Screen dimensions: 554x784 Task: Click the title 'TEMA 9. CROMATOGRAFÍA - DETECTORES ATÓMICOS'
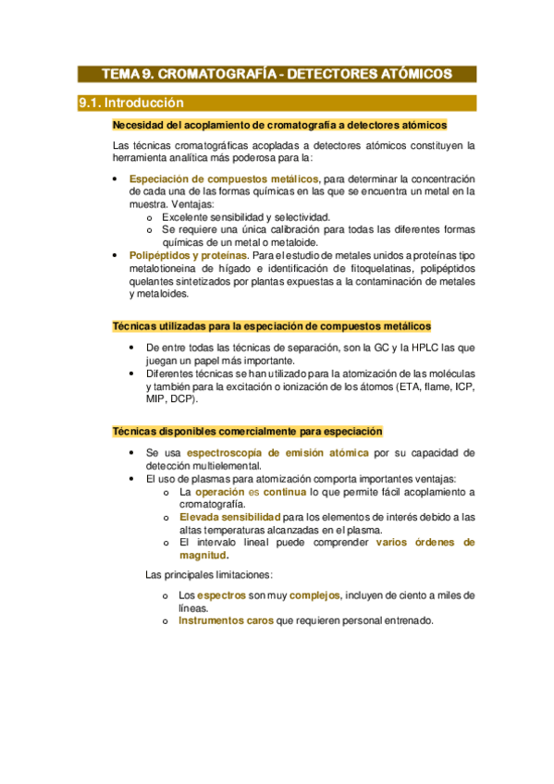coord(277,73)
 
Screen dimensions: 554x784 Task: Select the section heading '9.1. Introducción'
coord(131,103)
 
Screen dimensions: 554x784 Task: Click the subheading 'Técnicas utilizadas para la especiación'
coord(271,326)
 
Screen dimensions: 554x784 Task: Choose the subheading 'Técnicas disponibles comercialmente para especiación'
coord(247,432)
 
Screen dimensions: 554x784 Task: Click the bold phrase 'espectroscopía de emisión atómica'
coord(277,453)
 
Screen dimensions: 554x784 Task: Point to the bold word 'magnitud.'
coord(204,556)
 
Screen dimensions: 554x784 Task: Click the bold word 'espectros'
coord(222,595)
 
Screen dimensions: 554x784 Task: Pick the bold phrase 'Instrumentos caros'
coord(226,621)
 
